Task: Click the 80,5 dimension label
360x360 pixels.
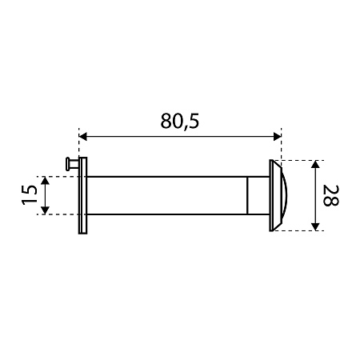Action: pyautogui.click(x=180, y=121)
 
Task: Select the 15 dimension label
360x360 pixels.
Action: pyautogui.click(x=30, y=195)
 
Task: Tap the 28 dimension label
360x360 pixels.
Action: pyautogui.click(x=331, y=195)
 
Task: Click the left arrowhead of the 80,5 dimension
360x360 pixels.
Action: pyautogui.click(x=83, y=137)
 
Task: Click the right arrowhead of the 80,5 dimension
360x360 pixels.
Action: pyautogui.click(x=278, y=137)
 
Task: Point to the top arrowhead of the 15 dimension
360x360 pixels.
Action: pyautogui.click(x=46, y=181)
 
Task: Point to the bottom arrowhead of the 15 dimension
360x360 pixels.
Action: pyautogui.click(x=46, y=210)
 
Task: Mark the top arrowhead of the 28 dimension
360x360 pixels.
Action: pyautogui.click(x=316, y=165)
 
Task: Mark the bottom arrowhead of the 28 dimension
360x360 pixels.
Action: pyautogui.click(x=316, y=226)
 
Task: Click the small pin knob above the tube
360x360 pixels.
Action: pyautogui.click(x=71, y=164)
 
